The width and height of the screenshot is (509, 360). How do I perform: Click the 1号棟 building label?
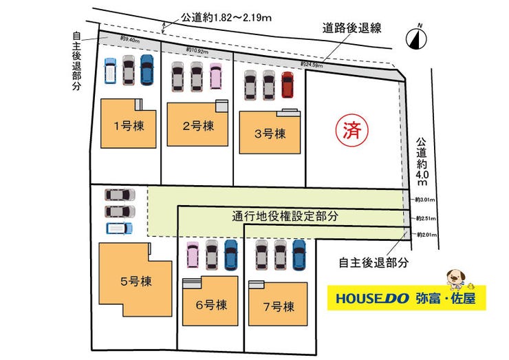pyautogui.click(x=127, y=126)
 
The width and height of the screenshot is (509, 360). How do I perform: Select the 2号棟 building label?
pyautogui.click(x=197, y=126)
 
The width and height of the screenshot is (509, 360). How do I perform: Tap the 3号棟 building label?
pyautogui.click(x=270, y=134)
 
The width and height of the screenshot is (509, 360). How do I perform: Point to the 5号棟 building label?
pyautogui.click(x=136, y=281)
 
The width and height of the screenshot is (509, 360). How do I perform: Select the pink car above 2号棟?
pyautogui.click(x=215, y=76)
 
